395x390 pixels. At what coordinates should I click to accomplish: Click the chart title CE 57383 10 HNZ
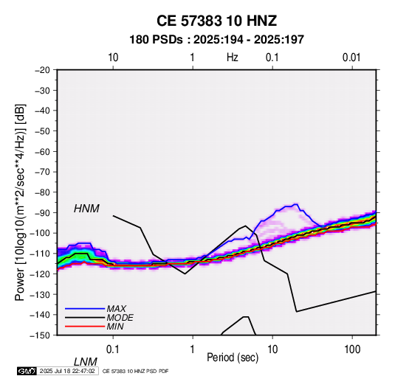(x=216, y=21)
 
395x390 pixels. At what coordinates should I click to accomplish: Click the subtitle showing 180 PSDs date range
(x=216, y=40)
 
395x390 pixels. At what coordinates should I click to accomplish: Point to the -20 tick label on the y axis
(x=42, y=70)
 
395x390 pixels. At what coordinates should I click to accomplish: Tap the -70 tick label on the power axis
(x=42, y=172)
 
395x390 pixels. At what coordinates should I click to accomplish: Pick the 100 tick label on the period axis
(x=352, y=349)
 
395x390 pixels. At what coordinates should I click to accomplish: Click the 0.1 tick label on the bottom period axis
(x=113, y=349)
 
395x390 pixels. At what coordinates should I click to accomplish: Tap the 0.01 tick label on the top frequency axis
(x=351, y=58)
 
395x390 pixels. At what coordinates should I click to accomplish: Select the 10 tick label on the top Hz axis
(x=113, y=58)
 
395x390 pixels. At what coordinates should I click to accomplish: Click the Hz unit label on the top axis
(x=233, y=58)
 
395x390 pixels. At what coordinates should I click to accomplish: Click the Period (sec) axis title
(x=233, y=358)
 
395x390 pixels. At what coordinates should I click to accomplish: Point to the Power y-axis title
(x=20, y=203)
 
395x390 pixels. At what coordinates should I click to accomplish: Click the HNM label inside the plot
(x=86, y=209)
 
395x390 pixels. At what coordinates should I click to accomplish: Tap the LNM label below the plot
(x=86, y=362)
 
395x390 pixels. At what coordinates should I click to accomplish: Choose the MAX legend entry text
(x=117, y=308)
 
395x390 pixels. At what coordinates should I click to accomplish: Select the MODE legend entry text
(x=120, y=318)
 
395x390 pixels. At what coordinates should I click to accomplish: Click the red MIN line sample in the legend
(x=85, y=327)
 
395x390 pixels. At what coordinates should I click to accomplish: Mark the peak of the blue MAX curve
(x=296, y=204)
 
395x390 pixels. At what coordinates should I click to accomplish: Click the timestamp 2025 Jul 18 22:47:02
(x=67, y=371)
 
